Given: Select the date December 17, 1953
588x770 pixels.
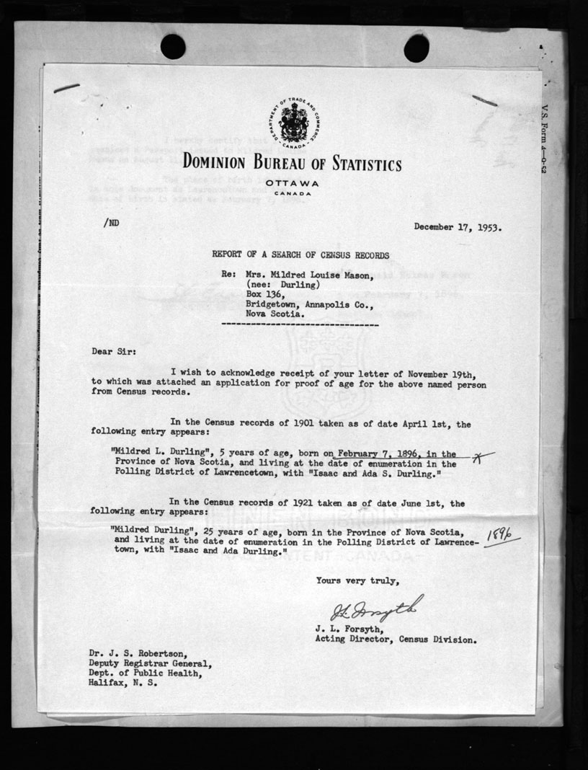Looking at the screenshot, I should coord(458,227).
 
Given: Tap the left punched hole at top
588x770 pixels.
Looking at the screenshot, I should coord(173,48).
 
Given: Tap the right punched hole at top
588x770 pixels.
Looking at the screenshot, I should coord(416,48).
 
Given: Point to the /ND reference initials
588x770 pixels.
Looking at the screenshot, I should coord(111,224).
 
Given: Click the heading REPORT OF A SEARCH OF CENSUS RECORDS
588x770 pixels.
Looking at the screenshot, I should coord(300,255).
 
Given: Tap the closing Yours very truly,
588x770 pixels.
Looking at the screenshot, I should coord(356,580).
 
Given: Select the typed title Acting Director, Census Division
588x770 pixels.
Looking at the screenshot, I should coord(395,640).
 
